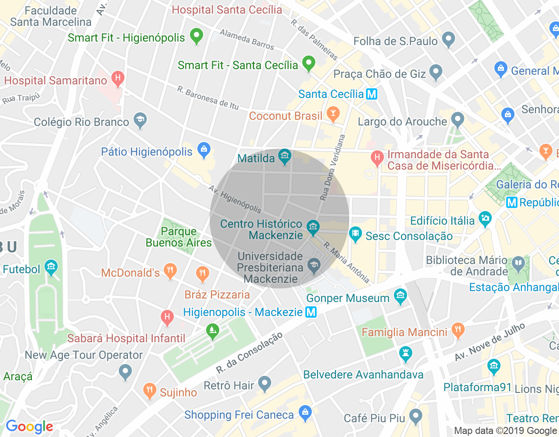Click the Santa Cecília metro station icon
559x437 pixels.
click(x=372, y=94)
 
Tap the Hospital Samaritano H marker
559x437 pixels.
click(x=117, y=79)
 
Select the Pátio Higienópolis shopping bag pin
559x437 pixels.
click(x=204, y=150)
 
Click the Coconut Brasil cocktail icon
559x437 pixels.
click(x=333, y=114)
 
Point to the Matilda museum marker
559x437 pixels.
click(x=285, y=156)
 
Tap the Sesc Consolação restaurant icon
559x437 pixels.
click(x=355, y=234)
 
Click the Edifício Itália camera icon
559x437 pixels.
click(x=485, y=218)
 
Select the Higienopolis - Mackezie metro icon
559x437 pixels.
click(x=311, y=312)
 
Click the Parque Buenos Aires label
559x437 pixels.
click(x=179, y=237)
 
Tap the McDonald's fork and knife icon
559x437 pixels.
click(x=170, y=271)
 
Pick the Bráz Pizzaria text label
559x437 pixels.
click(x=217, y=295)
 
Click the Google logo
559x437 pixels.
click(x=29, y=427)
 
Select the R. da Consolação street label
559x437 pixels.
click(x=249, y=353)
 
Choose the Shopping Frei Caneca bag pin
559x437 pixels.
click(x=305, y=412)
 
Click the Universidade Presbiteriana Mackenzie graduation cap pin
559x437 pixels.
click(x=314, y=265)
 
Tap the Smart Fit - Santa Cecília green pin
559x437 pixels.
click(x=309, y=63)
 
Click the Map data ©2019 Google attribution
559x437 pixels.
click(x=505, y=431)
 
